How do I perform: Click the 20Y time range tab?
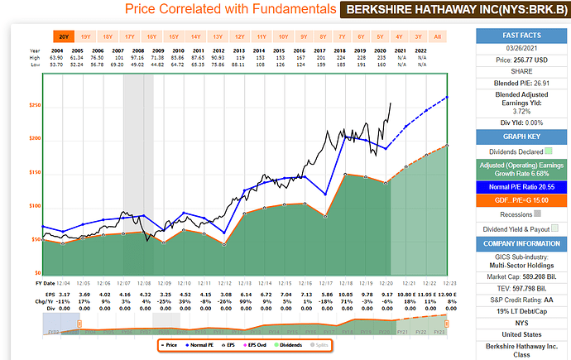63,36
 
